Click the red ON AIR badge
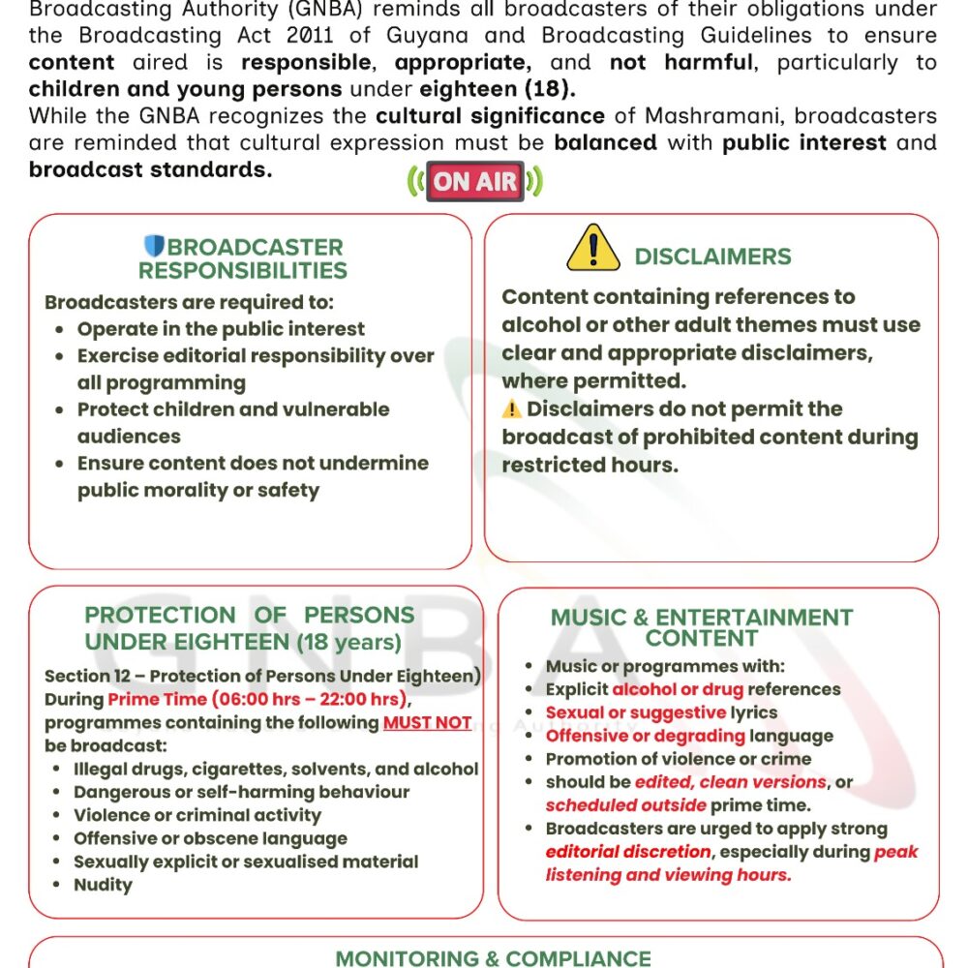[x=474, y=181]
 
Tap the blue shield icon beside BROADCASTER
[x=154, y=246]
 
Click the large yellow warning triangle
[x=592, y=248]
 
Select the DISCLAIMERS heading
[x=712, y=257]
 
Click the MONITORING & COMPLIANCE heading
[x=494, y=958]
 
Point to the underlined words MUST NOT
[x=427, y=722]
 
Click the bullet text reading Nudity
[x=103, y=885]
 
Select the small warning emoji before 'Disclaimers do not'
[x=512, y=409]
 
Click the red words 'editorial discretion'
[x=627, y=852]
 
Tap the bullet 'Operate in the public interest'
[x=221, y=329]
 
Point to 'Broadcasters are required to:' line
[x=190, y=302]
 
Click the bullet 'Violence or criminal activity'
[x=197, y=815]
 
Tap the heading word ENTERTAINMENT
[x=754, y=618]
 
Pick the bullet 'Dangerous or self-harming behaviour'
[x=241, y=792]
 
